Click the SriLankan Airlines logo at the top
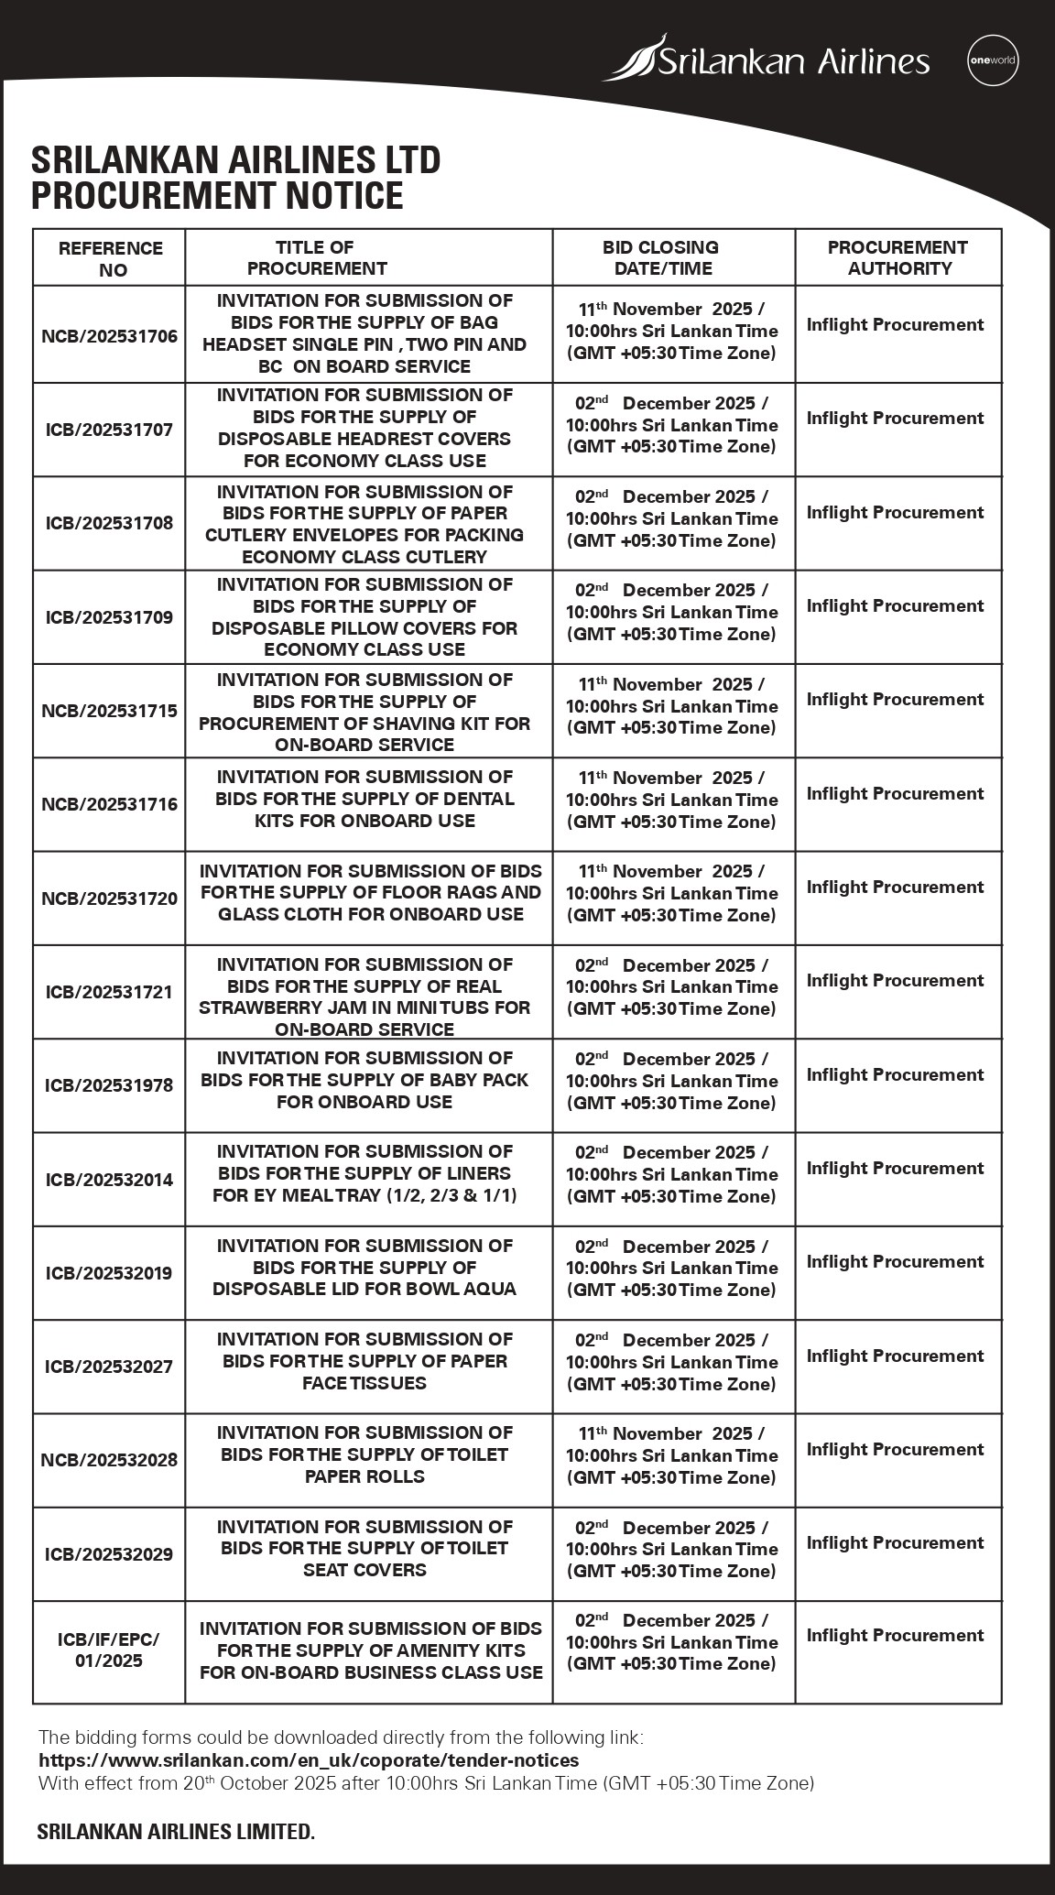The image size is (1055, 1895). [x=766, y=60]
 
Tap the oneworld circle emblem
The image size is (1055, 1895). [x=993, y=62]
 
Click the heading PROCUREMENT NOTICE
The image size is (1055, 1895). [x=217, y=196]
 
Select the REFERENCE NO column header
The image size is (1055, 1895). [x=110, y=258]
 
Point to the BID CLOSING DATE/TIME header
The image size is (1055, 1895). [x=673, y=257]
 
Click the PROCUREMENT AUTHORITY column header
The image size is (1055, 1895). [x=897, y=257]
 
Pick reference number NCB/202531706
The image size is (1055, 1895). [x=109, y=336]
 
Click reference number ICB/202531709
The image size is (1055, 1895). [x=109, y=617]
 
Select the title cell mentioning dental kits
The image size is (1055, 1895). [x=364, y=799]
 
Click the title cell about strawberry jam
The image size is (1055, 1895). [x=364, y=997]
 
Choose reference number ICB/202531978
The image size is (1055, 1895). [x=109, y=1085]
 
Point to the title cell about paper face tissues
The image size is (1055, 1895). [x=364, y=1361]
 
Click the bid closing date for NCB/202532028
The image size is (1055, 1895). [x=671, y=1455]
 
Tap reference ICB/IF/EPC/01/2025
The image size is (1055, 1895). [x=109, y=1650]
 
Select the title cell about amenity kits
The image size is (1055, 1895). [x=370, y=1650]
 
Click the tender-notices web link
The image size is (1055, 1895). [x=309, y=1759]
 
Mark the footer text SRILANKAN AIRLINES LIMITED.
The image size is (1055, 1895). [x=176, y=1831]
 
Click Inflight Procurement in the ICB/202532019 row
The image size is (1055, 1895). [x=895, y=1262]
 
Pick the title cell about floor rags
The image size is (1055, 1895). [x=370, y=892]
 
